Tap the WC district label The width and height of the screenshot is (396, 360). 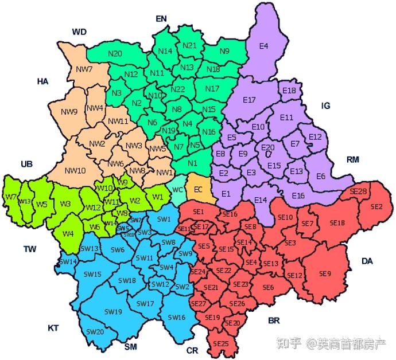[178, 190]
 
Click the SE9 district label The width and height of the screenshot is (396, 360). [325, 273]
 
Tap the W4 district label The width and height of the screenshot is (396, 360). [68, 234]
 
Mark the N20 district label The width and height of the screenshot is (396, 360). [115, 53]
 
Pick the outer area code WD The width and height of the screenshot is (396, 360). [79, 32]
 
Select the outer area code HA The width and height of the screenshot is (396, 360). [42, 81]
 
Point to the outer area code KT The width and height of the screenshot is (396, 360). [53, 328]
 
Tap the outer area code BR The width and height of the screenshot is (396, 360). [274, 320]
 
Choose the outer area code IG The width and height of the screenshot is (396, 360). [326, 106]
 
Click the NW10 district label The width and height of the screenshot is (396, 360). [75, 170]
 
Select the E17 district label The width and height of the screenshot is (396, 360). [249, 100]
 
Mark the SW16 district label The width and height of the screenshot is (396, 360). [177, 317]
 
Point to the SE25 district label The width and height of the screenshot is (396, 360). [221, 343]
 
